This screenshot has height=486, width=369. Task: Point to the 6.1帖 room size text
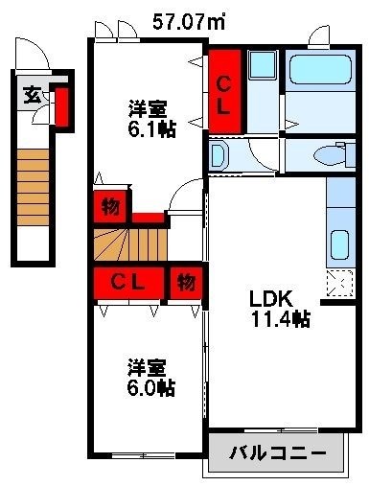[x=152, y=127]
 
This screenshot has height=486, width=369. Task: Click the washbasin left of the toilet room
[x=219, y=155]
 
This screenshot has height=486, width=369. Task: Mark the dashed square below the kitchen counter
[x=338, y=281]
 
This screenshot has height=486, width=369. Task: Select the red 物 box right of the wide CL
[x=185, y=283]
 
